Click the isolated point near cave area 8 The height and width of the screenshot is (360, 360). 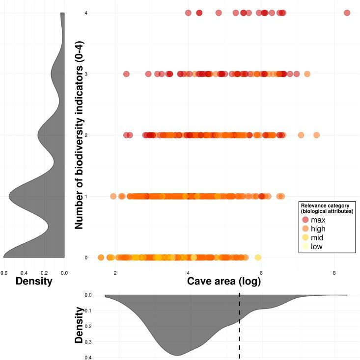tap(347, 13)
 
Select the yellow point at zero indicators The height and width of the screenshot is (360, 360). tap(258, 257)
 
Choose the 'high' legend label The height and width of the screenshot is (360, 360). tap(318, 229)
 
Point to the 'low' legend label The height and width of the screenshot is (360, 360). tap(317, 247)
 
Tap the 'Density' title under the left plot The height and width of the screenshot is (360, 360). tap(34, 281)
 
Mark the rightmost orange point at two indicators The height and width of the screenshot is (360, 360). tap(316, 135)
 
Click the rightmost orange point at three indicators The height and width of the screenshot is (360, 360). tap(307, 74)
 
